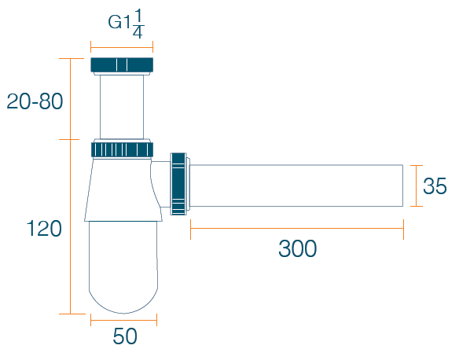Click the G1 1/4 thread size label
[x=126, y=24]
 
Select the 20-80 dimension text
[x=35, y=101]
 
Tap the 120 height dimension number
[x=44, y=228]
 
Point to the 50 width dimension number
[x=125, y=336]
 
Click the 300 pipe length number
[x=297, y=248]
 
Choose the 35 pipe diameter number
[x=435, y=186]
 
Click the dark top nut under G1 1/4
[x=122, y=65]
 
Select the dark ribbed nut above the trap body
[x=122, y=149]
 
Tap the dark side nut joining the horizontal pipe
[x=178, y=184]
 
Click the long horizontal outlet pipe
[x=296, y=186]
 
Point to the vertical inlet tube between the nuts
[x=122, y=107]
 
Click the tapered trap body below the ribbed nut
[x=123, y=189]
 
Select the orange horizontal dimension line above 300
[x=297, y=229]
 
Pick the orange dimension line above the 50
[x=124, y=320]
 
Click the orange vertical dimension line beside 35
[x=417, y=186]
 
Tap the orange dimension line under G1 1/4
[x=122, y=46]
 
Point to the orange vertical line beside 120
[x=70, y=227]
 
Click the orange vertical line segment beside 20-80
[x=70, y=99]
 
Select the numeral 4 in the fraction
[x=138, y=33]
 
